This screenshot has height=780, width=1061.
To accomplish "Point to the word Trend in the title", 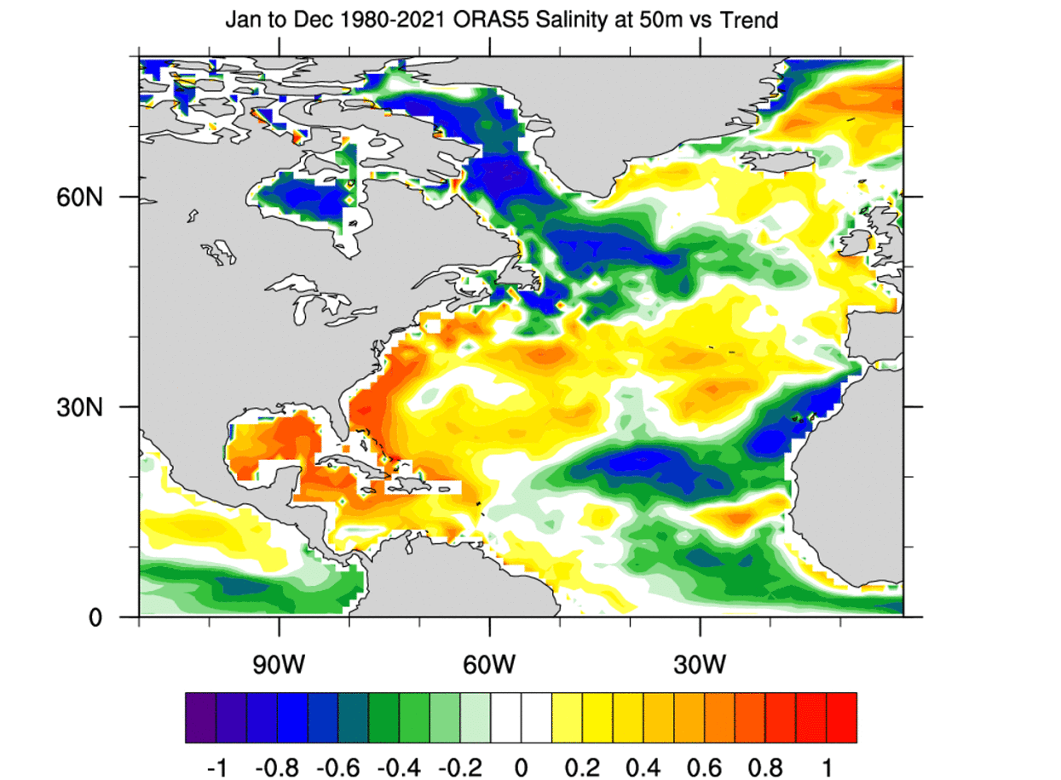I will click(x=749, y=19).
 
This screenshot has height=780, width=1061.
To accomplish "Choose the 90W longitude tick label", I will click(x=279, y=662).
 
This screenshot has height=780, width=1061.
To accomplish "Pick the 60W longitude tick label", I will click(x=489, y=662).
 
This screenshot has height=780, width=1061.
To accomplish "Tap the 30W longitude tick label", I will click(x=700, y=662).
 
